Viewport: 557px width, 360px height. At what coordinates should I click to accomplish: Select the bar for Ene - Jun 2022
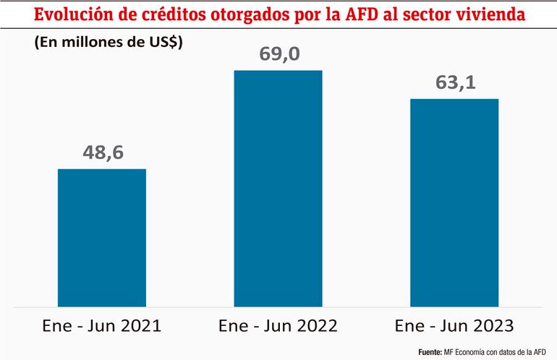(278, 187)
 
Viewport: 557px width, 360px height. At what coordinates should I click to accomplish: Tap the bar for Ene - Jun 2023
(454, 202)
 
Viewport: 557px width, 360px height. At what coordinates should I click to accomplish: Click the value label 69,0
(278, 53)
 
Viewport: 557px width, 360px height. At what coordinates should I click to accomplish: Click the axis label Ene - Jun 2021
(102, 325)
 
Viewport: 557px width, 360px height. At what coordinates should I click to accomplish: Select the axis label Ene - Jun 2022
(278, 325)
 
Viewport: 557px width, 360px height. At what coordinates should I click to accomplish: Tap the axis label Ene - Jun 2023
(454, 325)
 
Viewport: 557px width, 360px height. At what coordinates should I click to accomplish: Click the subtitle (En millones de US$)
(109, 43)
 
